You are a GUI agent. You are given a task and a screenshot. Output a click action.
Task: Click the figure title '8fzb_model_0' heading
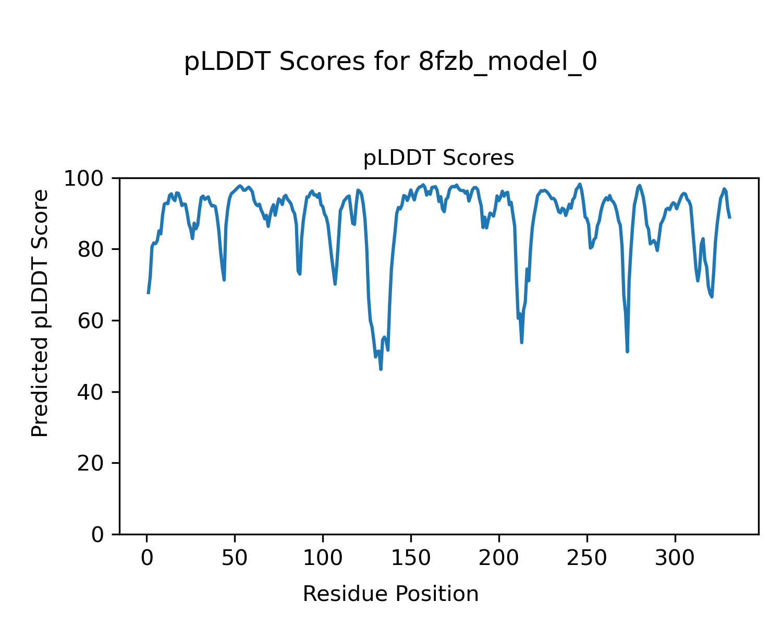click(x=390, y=62)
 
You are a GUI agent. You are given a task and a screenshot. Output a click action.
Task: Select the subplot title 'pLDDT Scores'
click(x=438, y=158)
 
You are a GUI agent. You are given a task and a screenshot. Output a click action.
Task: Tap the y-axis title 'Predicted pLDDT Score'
click(x=40, y=313)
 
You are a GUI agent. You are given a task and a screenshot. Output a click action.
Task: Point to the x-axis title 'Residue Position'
click(x=390, y=594)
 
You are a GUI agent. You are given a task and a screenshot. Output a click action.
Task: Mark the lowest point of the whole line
click(x=381, y=369)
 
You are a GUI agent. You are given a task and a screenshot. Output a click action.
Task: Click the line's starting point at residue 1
click(x=149, y=293)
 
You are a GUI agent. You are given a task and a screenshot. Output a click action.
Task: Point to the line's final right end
click(x=729, y=218)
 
